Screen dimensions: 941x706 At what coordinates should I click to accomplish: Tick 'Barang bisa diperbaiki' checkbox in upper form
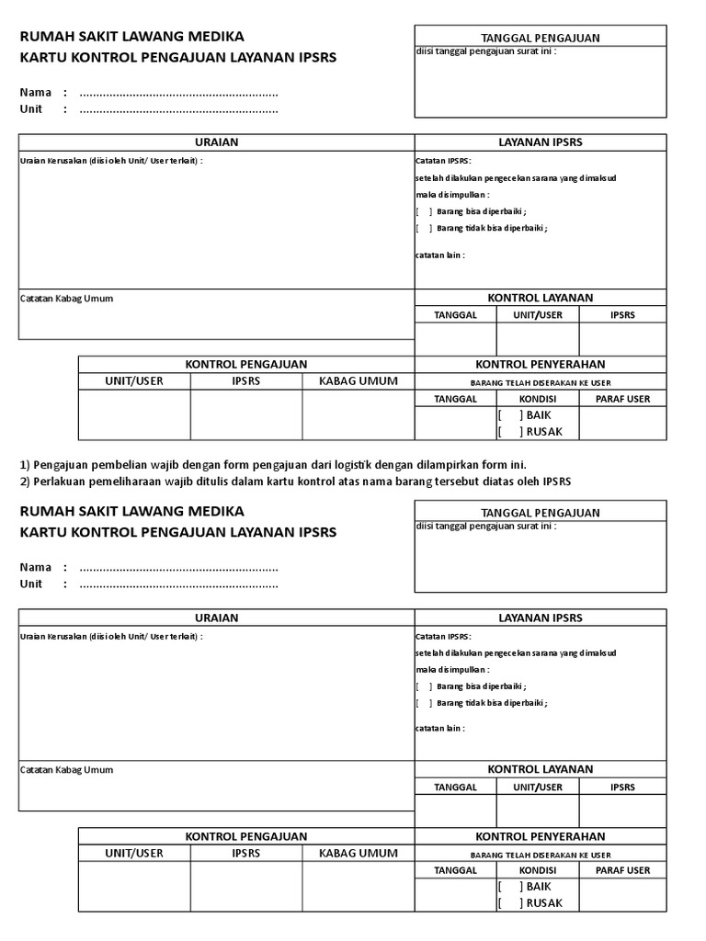coord(424,211)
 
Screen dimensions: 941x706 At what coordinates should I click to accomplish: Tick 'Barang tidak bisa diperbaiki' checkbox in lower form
coord(424,703)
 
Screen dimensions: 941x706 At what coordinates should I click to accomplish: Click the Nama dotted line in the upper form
coord(178,93)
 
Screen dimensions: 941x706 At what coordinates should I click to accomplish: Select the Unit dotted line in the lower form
coord(178,584)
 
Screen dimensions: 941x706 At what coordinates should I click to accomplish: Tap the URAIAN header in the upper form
coord(217,142)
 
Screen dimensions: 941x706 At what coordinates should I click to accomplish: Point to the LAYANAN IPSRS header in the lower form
coord(540,618)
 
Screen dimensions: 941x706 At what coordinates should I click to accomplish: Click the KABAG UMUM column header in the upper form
coord(359,381)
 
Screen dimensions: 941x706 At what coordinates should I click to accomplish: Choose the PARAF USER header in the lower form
coord(622,870)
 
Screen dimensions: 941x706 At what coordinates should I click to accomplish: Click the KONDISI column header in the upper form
coord(538,399)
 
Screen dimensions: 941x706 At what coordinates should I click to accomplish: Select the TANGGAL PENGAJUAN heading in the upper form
coord(540,38)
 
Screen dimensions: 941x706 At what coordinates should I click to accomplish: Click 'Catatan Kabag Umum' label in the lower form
coord(66,770)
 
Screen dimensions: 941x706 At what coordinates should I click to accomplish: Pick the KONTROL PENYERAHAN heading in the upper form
coord(540,365)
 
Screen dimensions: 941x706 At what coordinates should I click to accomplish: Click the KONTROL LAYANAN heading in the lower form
coord(540,769)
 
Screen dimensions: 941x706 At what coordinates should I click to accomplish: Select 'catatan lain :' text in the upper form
coord(440,255)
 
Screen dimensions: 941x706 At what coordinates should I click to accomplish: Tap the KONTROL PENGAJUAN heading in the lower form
coord(246,836)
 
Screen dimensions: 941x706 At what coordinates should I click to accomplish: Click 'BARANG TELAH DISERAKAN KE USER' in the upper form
coord(540,382)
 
